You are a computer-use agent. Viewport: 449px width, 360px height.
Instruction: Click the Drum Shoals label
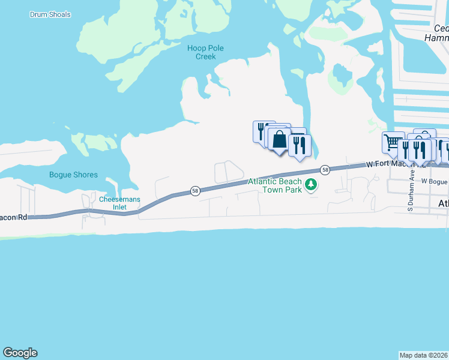click(x=50, y=14)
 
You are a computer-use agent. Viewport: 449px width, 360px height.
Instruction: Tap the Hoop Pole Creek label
click(x=201, y=52)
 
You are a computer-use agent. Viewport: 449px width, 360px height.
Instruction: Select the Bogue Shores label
click(x=73, y=175)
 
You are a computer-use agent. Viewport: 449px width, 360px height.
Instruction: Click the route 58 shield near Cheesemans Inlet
click(x=195, y=191)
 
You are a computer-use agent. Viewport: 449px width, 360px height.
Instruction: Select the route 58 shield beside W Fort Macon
click(x=325, y=170)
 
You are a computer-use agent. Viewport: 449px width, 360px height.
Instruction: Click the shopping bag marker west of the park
click(x=280, y=140)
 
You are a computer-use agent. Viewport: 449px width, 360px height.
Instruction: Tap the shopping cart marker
click(x=393, y=142)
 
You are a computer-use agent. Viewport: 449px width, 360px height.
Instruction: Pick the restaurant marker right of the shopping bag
click(x=299, y=145)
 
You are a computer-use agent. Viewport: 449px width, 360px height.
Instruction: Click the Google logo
click(x=20, y=353)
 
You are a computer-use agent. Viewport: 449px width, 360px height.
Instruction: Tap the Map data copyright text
click(x=423, y=355)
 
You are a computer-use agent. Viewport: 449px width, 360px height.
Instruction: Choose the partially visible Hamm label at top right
click(x=437, y=37)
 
